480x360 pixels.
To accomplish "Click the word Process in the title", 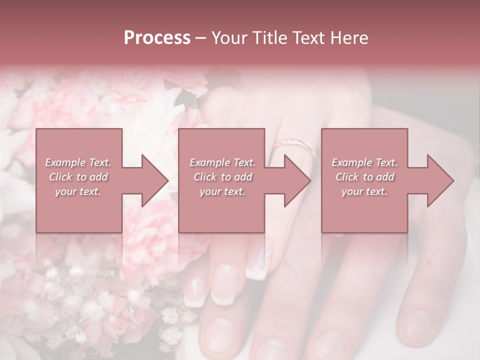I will tap(157, 37).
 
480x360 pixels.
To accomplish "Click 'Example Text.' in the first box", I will tap(78, 162).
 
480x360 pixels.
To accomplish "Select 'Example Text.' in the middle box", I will tap(222, 162).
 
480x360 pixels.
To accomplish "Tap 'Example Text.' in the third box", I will tap(364, 162).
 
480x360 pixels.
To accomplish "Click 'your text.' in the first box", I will tap(78, 191).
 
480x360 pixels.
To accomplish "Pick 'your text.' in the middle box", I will tap(222, 191).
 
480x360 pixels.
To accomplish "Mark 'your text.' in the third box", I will tap(364, 191).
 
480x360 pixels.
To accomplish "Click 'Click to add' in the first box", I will tap(78, 177).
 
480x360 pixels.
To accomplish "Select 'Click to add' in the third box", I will tap(364, 177).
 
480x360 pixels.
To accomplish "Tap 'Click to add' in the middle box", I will tap(222, 177).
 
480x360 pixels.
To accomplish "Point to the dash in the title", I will tap(200, 38).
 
